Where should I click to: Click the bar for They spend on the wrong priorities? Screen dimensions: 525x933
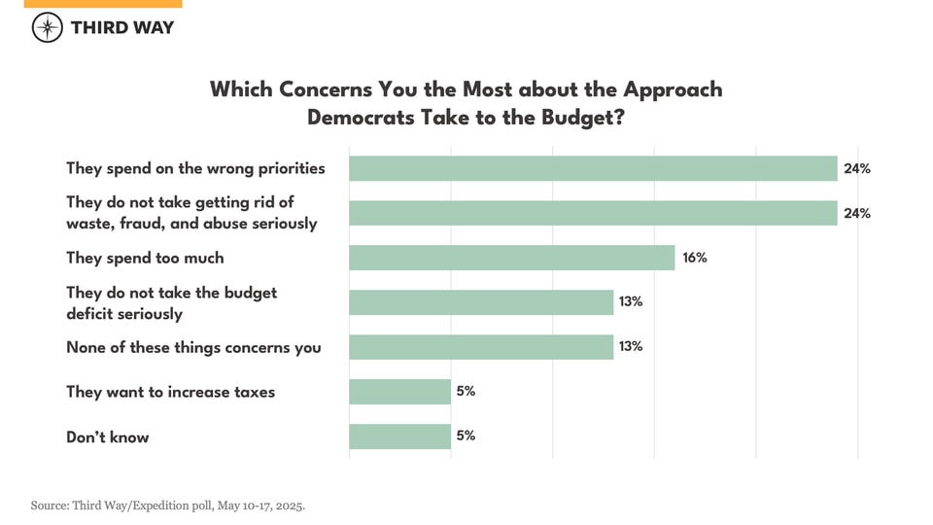(x=593, y=168)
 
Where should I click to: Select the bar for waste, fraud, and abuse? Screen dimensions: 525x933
(x=593, y=213)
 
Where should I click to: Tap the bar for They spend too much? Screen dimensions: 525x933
(x=511, y=258)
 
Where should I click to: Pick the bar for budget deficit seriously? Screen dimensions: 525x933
(x=481, y=302)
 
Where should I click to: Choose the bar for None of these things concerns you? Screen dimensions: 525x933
(x=481, y=347)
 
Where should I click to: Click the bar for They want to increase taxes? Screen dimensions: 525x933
(x=399, y=392)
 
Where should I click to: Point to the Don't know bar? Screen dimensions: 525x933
(x=399, y=437)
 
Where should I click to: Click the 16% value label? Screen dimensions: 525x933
(x=694, y=258)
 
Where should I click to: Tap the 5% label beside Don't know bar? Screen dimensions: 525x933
(x=466, y=436)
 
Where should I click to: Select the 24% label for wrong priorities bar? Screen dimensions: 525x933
(x=856, y=168)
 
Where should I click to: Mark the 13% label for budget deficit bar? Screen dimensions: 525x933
(x=630, y=301)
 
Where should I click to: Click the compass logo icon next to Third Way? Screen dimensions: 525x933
(x=48, y=27)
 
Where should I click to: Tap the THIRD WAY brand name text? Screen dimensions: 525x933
(x=122, y=27)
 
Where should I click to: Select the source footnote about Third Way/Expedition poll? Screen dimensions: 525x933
(x=167, y=506)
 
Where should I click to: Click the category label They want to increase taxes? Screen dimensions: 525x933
(x=170, y=392)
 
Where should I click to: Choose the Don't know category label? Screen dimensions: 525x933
(x=108, y=437)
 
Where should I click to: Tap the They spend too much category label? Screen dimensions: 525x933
(x=145, y=258)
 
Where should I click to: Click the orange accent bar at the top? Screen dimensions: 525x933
(x=103, y=4)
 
